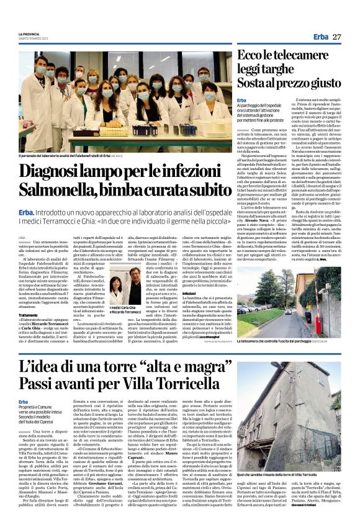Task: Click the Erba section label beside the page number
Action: click(321, 37)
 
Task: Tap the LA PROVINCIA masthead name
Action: click(28, 34)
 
